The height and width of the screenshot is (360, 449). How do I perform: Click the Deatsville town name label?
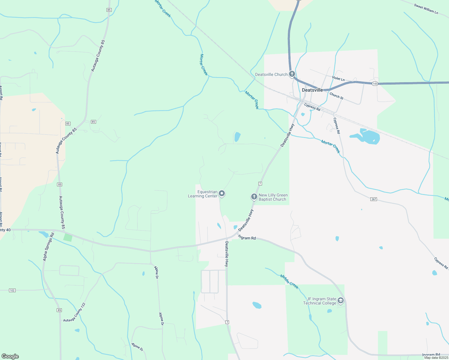[312, 90]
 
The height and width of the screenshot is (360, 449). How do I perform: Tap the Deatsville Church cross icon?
[292, 74]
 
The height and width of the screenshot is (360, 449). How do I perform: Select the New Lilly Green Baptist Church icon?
[254, 197]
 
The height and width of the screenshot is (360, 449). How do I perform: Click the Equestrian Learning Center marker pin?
[222, 193]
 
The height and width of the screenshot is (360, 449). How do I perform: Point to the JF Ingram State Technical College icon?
[340, 300]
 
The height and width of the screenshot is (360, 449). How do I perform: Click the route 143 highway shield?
[375, 84]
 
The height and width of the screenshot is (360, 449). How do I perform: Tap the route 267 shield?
[373, 199]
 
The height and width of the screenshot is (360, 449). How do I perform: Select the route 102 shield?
[12, 290]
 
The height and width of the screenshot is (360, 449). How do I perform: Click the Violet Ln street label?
[338, 79]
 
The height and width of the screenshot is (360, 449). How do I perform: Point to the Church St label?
[336, 96]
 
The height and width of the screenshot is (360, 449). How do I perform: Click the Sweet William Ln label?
[426, 9]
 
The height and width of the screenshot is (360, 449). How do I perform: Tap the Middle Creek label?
[289, 282]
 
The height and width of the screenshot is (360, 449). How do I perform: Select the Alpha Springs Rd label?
[48, 247]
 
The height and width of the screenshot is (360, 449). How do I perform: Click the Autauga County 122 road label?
[74, 312]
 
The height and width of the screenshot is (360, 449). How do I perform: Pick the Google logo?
[10, 356]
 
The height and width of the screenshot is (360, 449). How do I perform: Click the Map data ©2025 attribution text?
[436, 358]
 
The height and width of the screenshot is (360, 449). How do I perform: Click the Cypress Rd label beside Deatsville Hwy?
[312, 107]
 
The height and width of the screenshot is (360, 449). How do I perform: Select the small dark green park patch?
[68, 237]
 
